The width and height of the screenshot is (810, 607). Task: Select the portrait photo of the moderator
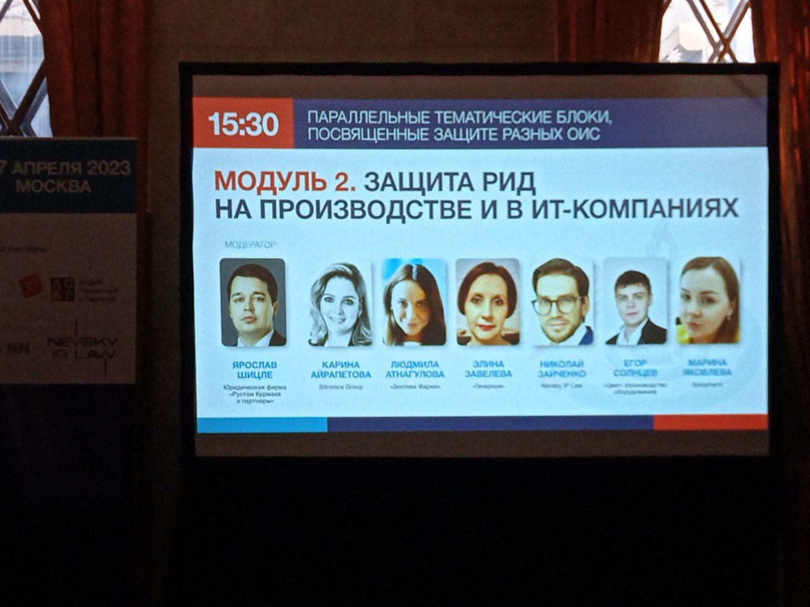point(252,302)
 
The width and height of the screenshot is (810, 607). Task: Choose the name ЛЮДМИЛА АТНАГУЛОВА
point(414,369)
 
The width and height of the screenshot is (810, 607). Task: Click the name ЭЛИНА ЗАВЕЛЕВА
point(488,369)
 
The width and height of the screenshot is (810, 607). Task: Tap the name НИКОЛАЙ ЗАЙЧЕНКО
point(561,368)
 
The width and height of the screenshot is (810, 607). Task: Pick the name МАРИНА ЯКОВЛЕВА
point(709,367)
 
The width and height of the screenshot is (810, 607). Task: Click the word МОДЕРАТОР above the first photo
point(252,243)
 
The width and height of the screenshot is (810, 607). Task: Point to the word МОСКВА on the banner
point(53,186)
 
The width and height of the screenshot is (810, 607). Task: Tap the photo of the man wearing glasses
point(561,302)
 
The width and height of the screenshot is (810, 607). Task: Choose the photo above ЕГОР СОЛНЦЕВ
point(635,302)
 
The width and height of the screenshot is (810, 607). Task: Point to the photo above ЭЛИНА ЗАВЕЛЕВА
point(488,302)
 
